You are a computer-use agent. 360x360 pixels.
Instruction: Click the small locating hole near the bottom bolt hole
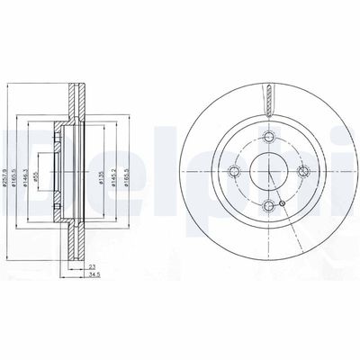tap(283, 205)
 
